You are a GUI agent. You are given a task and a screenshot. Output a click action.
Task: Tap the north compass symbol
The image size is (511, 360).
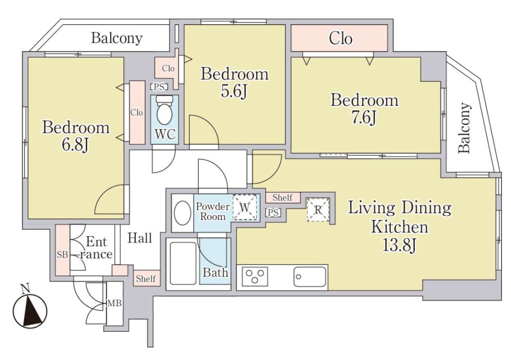pyautogui.click(x=30, y=309)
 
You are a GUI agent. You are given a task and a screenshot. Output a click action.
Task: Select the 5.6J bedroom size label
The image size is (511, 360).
pyautogui.click(x=234, y=92)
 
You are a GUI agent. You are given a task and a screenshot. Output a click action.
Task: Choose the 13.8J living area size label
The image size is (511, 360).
pyautogui.click(x=399, y=246)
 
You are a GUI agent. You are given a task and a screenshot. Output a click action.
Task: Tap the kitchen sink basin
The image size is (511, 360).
pyautogui.click(x=310, y=277)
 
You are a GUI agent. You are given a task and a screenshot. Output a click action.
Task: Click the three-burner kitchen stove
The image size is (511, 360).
pyautogui.click(x=255, y=277)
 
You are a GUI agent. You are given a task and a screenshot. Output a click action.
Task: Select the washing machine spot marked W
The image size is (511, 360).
pyautogui.click(x=245, y=207)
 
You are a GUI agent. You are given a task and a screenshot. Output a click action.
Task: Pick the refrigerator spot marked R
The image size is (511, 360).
pyautogui.click(x=318, y=210)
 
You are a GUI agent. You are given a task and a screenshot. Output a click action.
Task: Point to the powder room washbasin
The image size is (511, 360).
pyautogui.click(x=182, y=213)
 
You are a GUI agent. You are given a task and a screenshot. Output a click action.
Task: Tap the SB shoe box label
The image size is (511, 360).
pyautogui.click(x=62, y=255)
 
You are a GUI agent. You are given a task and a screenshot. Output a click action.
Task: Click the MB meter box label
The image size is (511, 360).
pyautogui.click(x=114, y=304)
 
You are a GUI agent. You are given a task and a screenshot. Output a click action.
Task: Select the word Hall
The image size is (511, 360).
pyautogui.click(x=140, y=238)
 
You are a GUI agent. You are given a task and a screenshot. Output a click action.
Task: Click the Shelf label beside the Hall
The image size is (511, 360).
pyautogui.click(x=146, y=279)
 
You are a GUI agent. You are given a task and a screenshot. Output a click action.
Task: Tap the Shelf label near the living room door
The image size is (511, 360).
pyautogui.click(x=282, y=197)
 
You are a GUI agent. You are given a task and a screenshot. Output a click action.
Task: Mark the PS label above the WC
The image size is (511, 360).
pyautogui.click(x=160, y=87)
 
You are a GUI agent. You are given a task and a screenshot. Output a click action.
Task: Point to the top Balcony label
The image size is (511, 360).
pyautogui.click(x=116, y=38)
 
